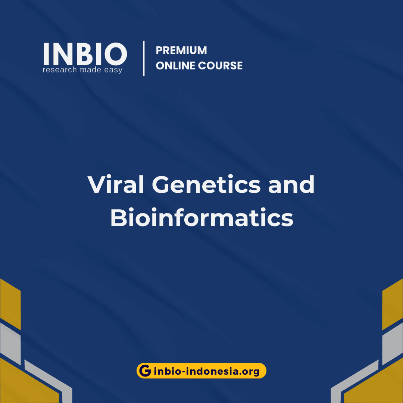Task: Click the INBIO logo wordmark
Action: [85, 54]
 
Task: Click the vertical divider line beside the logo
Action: [144, 59]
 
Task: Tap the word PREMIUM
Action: [181, 50]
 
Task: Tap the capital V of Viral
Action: [96, 184]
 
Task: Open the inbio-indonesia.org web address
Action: [206, 371]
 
